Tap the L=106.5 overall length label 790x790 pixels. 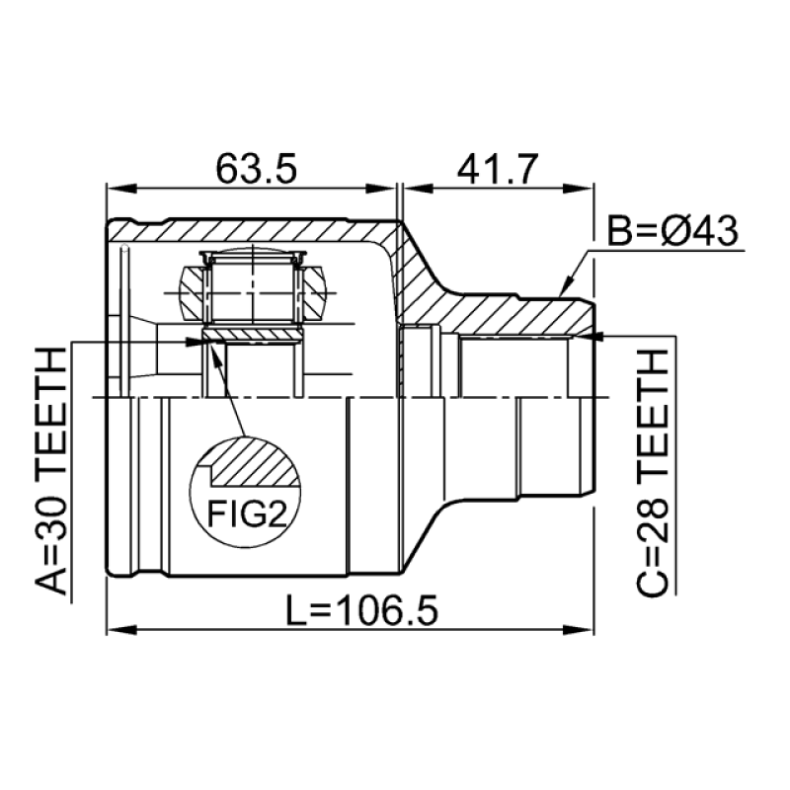coord(361,609)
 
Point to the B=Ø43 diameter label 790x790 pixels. coord(672,231)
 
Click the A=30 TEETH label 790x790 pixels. coord(51,471)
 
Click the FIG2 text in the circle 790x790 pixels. coord(247,514)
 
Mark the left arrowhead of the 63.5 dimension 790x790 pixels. coord(121,189)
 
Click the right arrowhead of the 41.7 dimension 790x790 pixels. coord(579,189)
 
